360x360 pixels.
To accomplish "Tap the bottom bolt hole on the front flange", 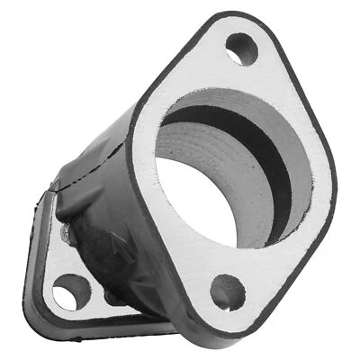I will [x=227, y=291].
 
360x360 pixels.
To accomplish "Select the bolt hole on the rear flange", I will [x=70, y=292].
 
